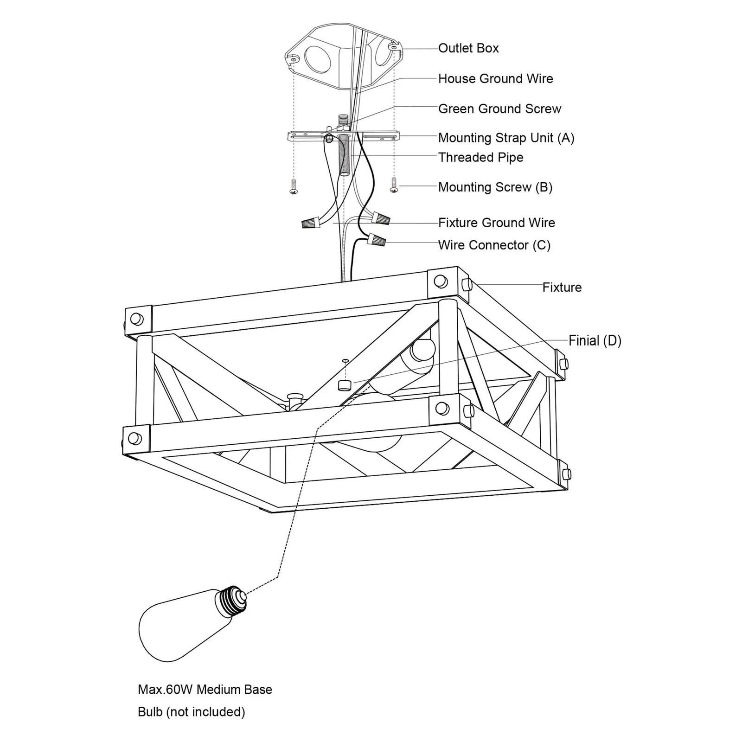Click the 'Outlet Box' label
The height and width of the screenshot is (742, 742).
tap(468, 48)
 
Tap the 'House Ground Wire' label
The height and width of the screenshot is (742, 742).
tap(495, 79)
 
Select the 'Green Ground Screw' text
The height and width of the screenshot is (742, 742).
tap(499, 109)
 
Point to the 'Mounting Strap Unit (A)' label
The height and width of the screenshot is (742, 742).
tap(506, 138)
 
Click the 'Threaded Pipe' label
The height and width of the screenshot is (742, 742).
tap(480, 158)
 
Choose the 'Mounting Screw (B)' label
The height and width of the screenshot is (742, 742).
tap(495, 187)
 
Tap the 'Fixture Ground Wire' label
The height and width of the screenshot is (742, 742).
tap(496, 223)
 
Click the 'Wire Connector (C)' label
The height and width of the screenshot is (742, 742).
tap(494, 245)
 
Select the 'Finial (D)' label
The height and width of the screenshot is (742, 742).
tap(595, 341)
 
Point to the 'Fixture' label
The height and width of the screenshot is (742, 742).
tap(562, 288)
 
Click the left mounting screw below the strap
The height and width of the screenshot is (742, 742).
tap(293, 186)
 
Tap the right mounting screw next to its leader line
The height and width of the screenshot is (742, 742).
tap(394, 185)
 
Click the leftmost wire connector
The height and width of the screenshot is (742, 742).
tap(311, 222)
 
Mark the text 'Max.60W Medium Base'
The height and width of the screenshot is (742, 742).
tap(205, 690)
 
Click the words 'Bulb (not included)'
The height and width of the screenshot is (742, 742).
tap(191, 712)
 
